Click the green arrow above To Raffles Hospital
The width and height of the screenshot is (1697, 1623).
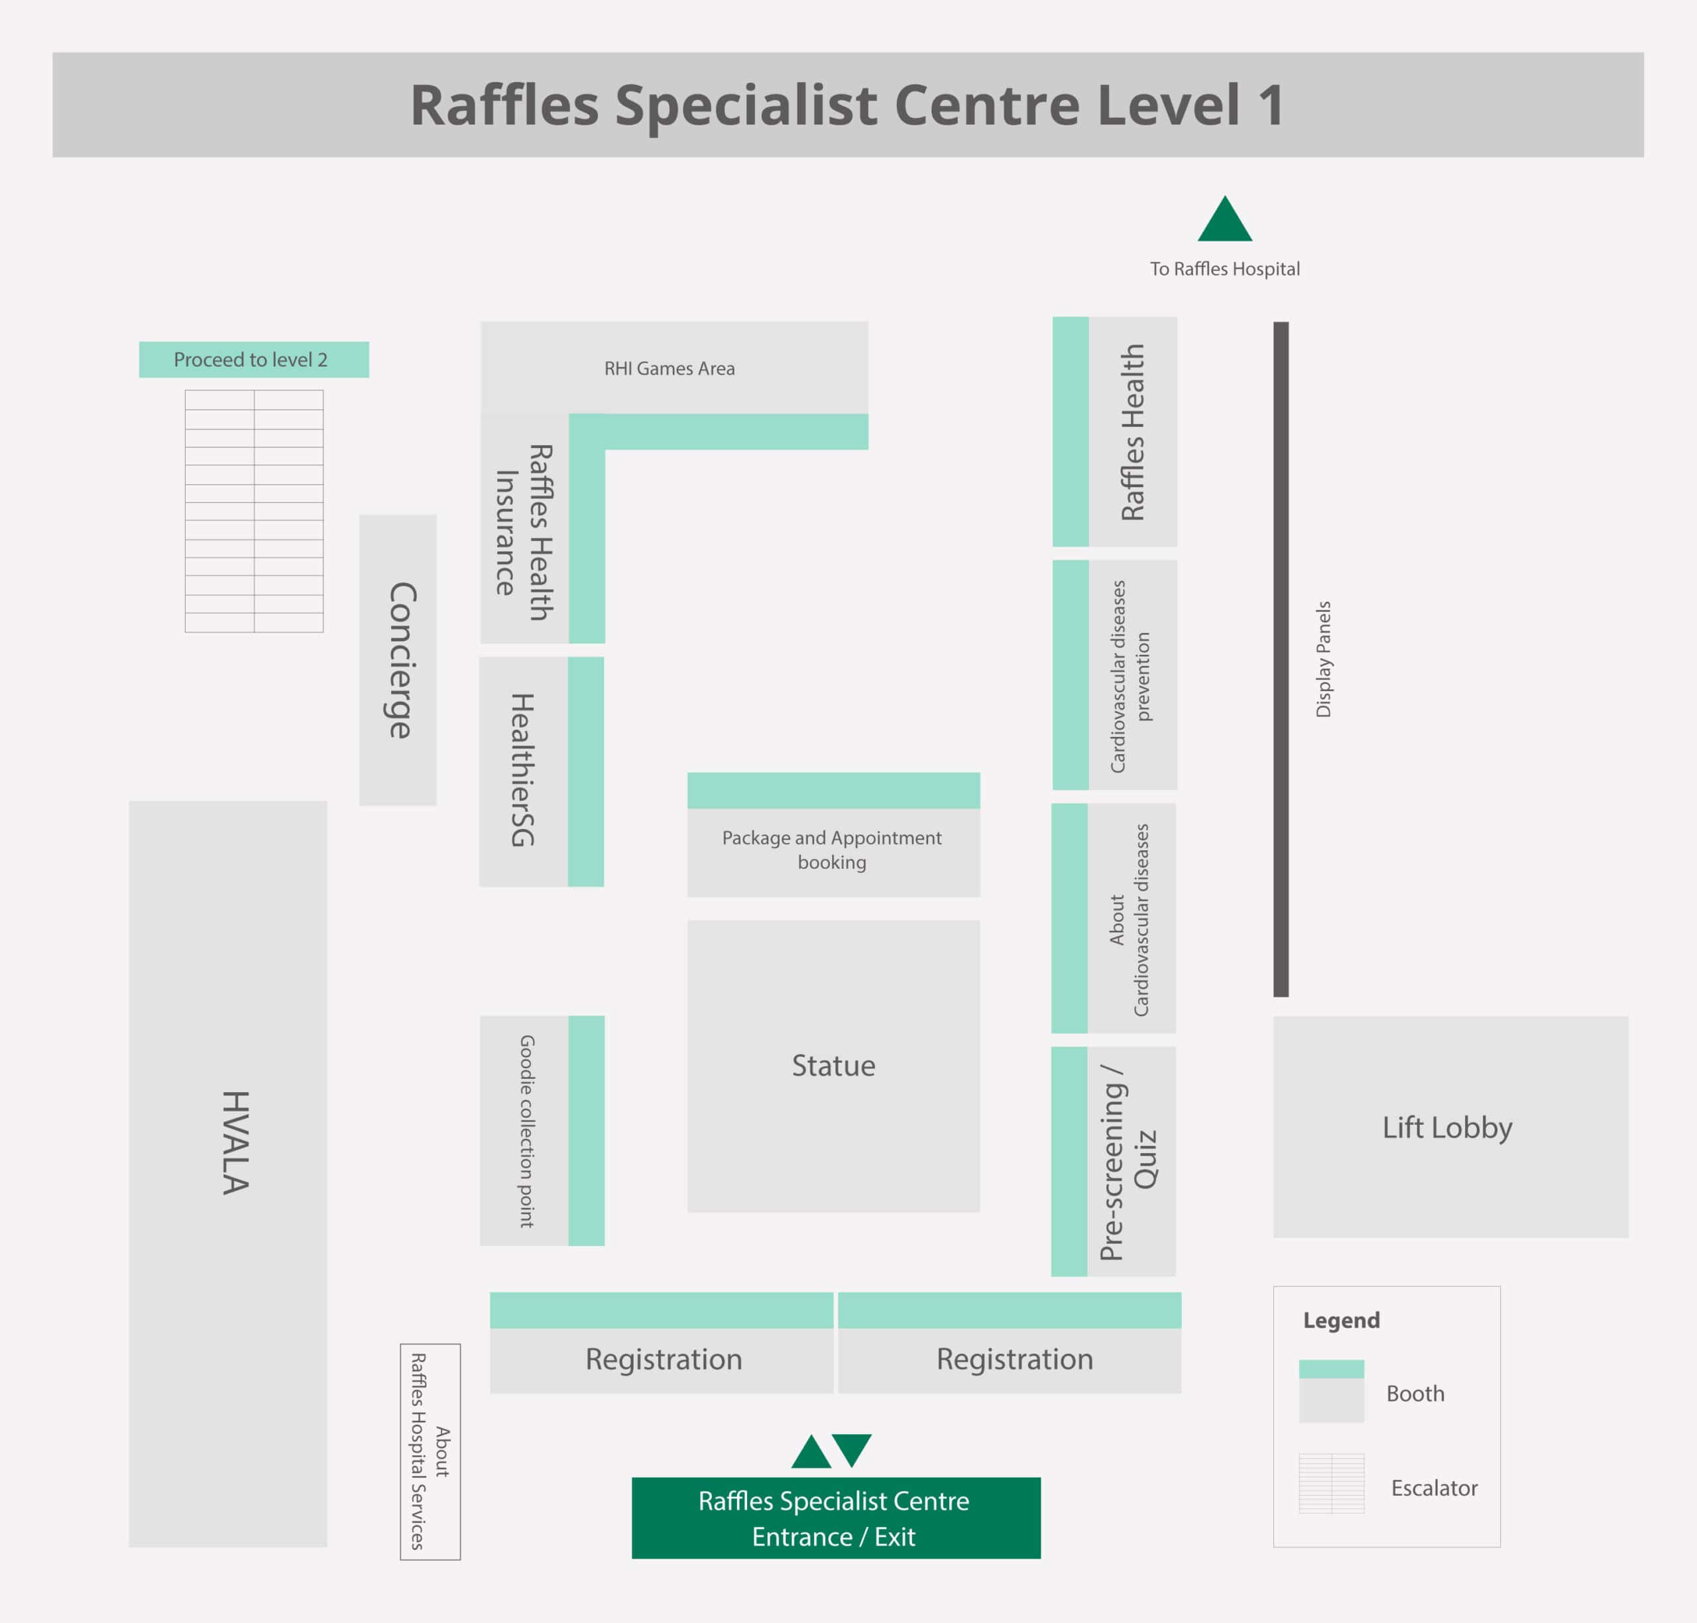point(1224,221)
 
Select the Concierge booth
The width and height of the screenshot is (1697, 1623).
point(398,660)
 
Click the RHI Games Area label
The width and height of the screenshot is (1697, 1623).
point(669,368)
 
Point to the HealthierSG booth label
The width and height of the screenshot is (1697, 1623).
point(522,770)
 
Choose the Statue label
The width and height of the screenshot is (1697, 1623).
point(833,1065)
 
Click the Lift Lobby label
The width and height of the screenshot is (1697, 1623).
point(1447,1127)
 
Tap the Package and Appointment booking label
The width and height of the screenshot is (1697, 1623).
point(832,850)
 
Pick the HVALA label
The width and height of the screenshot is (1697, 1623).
point(235,1142)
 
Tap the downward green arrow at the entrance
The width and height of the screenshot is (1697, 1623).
point(852,1450)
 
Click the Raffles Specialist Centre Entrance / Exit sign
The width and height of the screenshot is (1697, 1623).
point(835,1518)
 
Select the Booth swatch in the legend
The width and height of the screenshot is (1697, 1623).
point(1331,1391)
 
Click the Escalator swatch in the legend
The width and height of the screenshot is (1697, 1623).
point(1331,1484)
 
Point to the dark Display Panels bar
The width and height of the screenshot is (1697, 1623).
point(1281,659)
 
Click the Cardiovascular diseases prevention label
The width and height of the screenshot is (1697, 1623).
point(1130,676)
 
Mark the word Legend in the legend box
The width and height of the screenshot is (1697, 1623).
point(1341,1320)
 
